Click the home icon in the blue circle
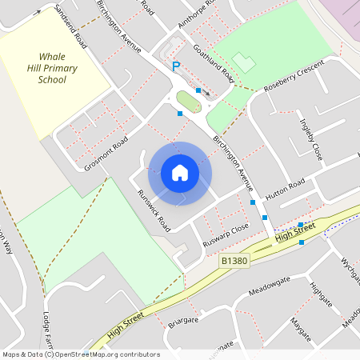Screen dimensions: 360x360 [180, 172]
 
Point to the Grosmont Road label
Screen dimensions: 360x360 [106, 154]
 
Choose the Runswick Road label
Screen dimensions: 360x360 [154, 206]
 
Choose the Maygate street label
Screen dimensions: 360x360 [300, 328]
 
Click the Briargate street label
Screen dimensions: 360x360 [183, 321]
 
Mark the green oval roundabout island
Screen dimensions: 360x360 [189, 102]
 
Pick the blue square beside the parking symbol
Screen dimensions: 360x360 [198, 90]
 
